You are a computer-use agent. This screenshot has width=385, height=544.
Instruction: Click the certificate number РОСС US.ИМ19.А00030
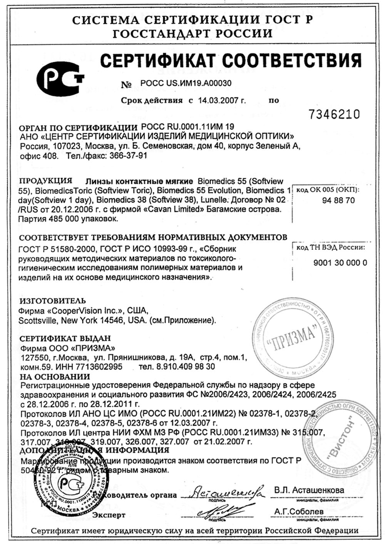pyautogui.click(x=186, y=83)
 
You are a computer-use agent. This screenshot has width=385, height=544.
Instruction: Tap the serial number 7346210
pyautogui.click(x=334, y=114)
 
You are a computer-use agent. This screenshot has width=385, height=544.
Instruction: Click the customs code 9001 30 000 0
pyautogui.click(x=340, y=263)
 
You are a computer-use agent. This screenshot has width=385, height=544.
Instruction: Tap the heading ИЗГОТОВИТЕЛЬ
pyautogui.click(x=53, y=301)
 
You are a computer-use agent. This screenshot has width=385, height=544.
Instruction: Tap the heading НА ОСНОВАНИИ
pyautogui.click(x=55, y=376)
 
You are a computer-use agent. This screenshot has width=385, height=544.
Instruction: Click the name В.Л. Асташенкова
pyautogui.click(x=309, y=490)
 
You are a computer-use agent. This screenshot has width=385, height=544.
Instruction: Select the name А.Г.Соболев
pyautogui.click(x=299, y=512)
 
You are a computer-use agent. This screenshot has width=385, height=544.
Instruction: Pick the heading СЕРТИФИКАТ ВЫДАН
pyautogui.click(x=65, y=339)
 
